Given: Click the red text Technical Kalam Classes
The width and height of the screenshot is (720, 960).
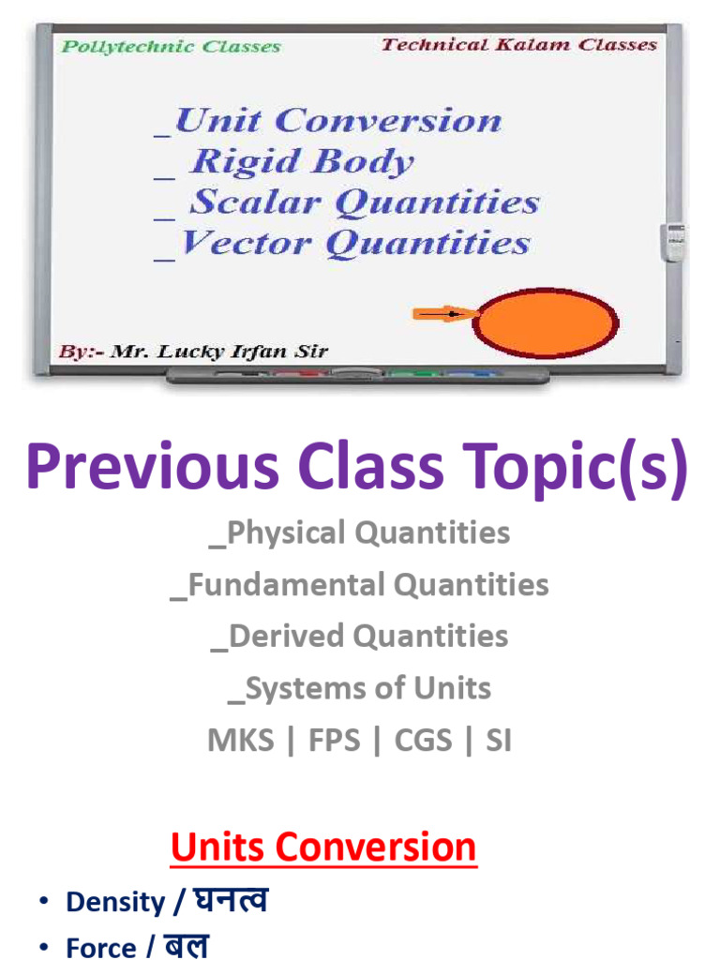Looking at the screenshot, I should (x=519, y=45).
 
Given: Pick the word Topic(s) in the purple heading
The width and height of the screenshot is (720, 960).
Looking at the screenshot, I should (x=583, y=468).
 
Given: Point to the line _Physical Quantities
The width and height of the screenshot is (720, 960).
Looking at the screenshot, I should (x=360, y=533).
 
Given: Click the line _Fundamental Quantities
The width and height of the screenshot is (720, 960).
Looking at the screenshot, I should (x=360, y=586).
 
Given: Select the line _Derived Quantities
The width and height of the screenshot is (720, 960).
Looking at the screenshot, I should (x=360, y=637).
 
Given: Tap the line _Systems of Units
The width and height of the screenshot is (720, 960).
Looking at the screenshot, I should (x=360, y=689).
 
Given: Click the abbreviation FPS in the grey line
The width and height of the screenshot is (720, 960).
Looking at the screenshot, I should (x=335, y=741).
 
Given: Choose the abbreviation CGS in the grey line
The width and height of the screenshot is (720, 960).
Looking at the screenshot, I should (x=427, y=741).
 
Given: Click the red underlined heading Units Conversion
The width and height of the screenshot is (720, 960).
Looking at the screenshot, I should (x=323, y=847).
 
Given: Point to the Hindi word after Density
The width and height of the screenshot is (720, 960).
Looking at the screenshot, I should (x=231, y=901).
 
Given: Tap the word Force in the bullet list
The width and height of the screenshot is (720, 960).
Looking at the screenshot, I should (x=100, y=948).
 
